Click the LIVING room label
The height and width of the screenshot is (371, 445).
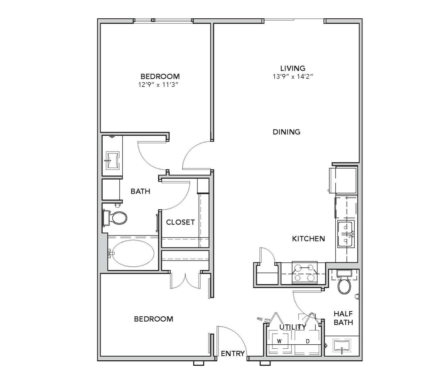pyautogui.click(x=293, y=68)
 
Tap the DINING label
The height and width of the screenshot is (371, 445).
pyautogui.click(x=286, y=132)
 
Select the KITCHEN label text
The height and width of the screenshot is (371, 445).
pyautogui.click(x=308, y=239)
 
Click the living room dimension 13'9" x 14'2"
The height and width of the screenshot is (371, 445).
pyautogui.click(x=293, y=77)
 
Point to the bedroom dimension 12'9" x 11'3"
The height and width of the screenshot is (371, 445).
pyautogui.click(x=158, y=85)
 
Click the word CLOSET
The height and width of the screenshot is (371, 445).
pyautogui.click(x=180, y=222)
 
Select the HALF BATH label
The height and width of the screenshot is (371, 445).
pyautogui.click(x=343, y=318)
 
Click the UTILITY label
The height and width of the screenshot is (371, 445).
pyautogui.click(x=293, y=327)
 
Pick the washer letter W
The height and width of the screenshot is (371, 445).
pyautogui.click(x=279, y=341)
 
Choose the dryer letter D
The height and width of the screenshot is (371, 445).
pyautogui.click(x=307, y=341)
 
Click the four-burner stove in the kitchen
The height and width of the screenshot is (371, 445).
pyautogui.click(x=304, y=273)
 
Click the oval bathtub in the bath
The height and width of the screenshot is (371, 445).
pyautogui.click(x=133, y=253)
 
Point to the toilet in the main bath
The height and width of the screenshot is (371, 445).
pyautogui.click(x=115, y=218)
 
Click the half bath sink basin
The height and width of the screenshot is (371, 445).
pyautogui.click(x=342, y=346)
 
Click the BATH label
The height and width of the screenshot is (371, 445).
pyautogui.click(x=140, y=191)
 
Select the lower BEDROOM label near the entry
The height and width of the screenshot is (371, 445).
pyautogui.click(x=154, y=319)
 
